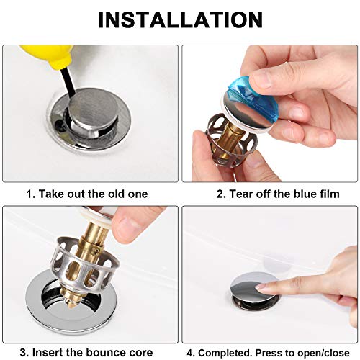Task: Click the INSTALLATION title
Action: (x=180, y=20)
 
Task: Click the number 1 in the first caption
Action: (x=30, y=194)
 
